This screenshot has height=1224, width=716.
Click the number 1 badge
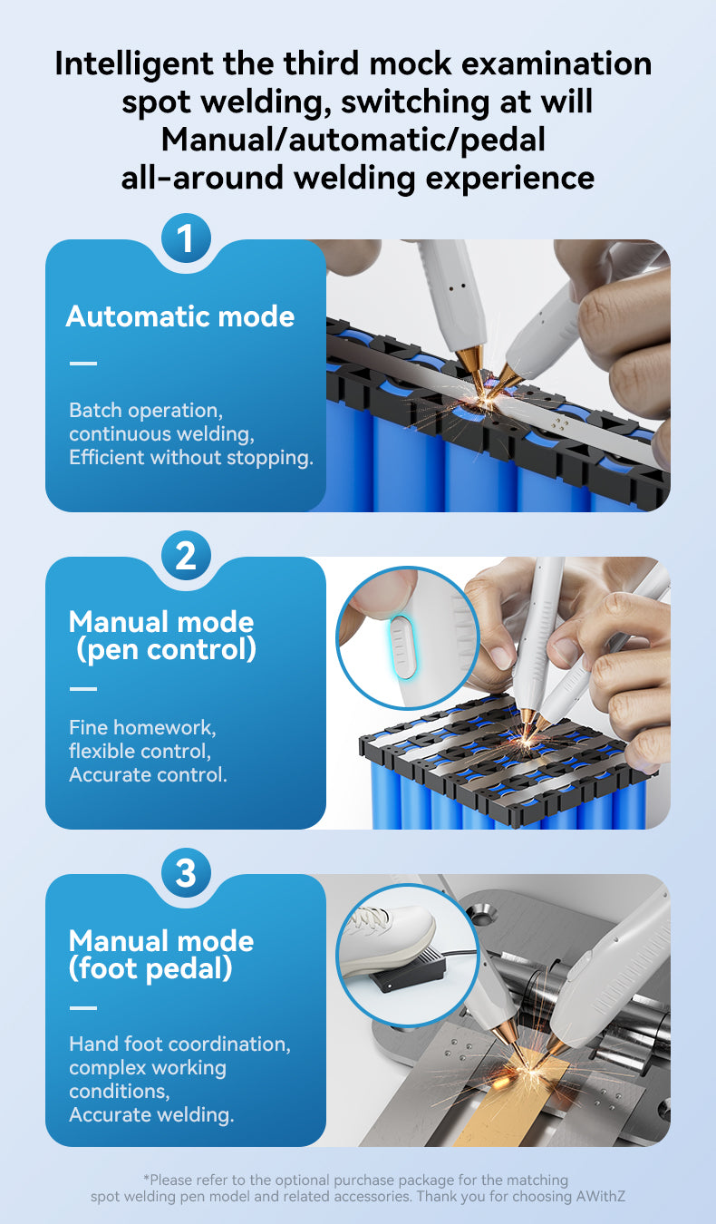[x=186, y=238]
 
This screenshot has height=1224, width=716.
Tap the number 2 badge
[x=186, y=556]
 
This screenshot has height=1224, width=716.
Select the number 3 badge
[x=186, y=872]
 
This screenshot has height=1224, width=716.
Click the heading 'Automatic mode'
[x=180, y=316]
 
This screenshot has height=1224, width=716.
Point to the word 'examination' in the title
[x=556, y=63]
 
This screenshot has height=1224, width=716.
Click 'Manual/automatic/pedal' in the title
[x=353, y=140]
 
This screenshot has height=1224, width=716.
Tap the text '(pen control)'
[x=166, y=650]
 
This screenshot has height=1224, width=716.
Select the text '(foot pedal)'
[x=150, y=969]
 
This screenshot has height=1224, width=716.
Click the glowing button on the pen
[x=402, y=647]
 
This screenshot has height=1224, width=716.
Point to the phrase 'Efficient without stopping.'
[x=191, y=457]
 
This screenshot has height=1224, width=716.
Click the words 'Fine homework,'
[x=142, y=728]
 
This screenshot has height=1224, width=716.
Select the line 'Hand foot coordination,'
[x=179, y=1044]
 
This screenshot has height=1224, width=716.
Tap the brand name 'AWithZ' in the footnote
[x=601, y=1197]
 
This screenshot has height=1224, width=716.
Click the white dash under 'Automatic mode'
[x=83, y=363]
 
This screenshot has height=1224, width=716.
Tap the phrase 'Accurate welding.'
[x=151, y=1114]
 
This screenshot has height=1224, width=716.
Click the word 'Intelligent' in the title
[x=134, y=64]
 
